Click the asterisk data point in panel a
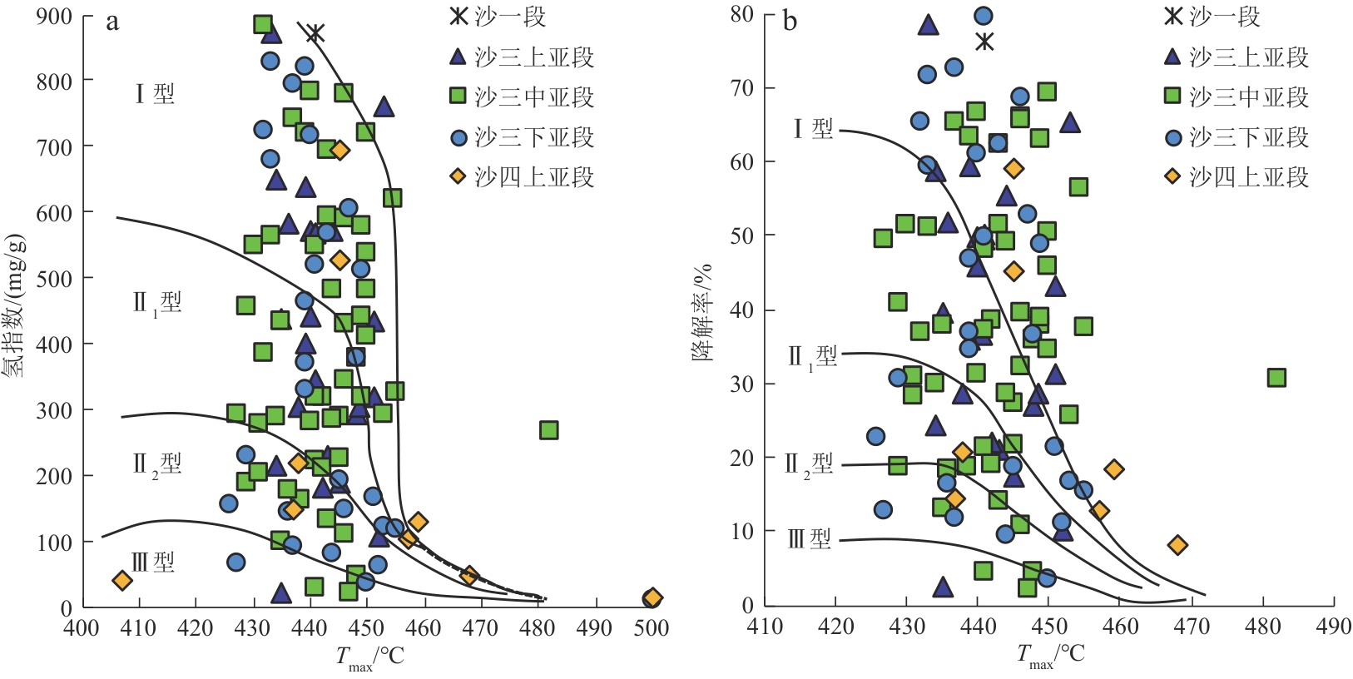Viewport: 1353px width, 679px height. click(x=315, y=33)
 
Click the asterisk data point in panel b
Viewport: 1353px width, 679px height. click(x=984, y=42)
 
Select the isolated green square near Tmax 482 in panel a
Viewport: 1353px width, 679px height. click(x=548, y=430)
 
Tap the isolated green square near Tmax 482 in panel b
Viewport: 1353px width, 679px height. click(x=1276, y=378)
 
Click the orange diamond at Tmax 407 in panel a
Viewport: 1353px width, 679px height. click(x=122, y=580)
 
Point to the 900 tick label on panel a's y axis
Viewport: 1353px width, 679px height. click(x=54, y=17)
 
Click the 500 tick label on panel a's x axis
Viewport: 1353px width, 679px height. click(x=652, y=628)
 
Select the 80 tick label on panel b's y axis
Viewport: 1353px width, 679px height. click(x=741, y=14)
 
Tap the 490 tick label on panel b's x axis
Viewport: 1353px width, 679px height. click(x=1334, y=627)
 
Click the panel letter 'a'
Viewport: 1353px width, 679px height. click(x=112, y=22)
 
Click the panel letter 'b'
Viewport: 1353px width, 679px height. click(x=790, y=22)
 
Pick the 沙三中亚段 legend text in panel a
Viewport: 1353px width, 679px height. click(x=534, y=97)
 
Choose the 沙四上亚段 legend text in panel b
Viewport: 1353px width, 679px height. click(x=1248, y=176)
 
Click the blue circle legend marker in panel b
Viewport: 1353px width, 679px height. click(x=1172, y=137)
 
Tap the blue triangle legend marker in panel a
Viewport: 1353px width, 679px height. click(x=458, y=57)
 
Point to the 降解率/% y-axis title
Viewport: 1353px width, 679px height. click(x=702, y=312)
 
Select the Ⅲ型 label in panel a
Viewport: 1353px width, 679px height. click(x=153, y=563)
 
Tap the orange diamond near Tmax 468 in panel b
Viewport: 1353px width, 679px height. click(x=1177, y=545)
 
